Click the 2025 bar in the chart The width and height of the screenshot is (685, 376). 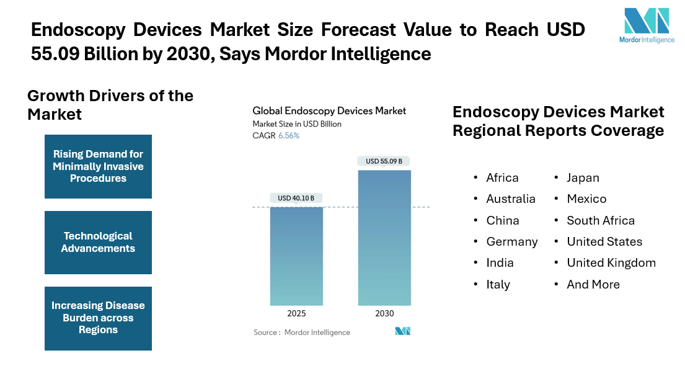296,256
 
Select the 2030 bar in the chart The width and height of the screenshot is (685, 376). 384,238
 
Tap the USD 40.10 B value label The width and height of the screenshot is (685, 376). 296,199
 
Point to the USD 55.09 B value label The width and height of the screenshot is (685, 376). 384,161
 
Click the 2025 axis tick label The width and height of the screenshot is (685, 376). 296,313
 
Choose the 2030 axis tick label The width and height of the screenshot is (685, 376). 384,313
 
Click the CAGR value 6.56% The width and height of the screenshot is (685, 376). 288,135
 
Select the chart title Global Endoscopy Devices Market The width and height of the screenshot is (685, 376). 329,111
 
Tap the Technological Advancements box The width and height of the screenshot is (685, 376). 98,243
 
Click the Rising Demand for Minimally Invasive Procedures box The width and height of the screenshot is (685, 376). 98,166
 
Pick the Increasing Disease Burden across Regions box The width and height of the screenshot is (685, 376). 98,318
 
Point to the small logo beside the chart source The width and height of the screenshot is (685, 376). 403,331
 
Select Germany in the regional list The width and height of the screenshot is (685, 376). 512,241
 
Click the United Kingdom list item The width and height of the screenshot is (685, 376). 611,262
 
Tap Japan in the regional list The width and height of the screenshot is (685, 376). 583,177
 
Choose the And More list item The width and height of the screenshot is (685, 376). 593,284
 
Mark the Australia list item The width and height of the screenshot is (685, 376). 511,199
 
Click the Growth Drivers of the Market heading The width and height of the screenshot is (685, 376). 110,105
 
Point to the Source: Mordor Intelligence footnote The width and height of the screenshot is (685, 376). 302,333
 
